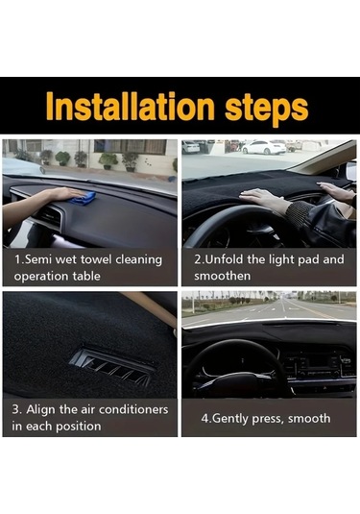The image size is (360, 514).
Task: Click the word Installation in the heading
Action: (x=131, y=107)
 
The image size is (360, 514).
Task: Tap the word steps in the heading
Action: (x=266, y=109)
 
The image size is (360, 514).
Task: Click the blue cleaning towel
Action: (x=84, y=198)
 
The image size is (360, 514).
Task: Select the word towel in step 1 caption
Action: (x=96, y=259)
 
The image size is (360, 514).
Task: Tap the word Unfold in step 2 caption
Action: (x=225, y=259)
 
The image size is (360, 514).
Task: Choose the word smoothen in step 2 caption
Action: (x=222, y=276)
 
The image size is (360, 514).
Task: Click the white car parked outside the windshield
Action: (x=264, y=148)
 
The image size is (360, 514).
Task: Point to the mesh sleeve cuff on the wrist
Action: (x=298, y=213)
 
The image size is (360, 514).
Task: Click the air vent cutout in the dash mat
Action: (x=112, y=365)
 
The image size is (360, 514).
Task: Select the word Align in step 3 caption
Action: (x=38, y=410)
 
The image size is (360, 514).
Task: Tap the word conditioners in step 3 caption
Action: (x=133, y=409)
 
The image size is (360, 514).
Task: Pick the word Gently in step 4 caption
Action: (x=230, y=419)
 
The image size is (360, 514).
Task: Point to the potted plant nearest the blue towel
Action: (x=108, y=160)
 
